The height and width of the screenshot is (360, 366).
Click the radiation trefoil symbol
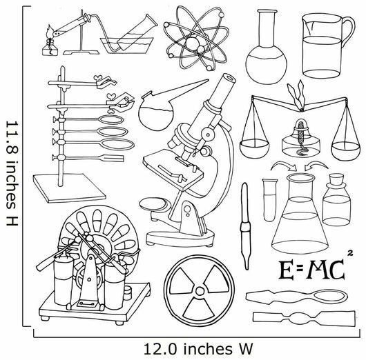click(200, 291)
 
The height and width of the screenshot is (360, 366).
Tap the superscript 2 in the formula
click(349, 253)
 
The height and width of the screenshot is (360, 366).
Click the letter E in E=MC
click(286, 270)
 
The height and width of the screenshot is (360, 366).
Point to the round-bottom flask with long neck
click(266, 47)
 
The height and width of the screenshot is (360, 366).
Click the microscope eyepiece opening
click(229, 77)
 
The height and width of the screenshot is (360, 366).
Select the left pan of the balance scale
click(254, 148)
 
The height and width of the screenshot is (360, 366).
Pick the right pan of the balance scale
click(346, 151)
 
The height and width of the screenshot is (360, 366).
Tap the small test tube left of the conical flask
click(270, 200)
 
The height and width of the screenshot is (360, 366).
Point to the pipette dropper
click(245, 226)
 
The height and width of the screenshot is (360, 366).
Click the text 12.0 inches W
click(198, 349)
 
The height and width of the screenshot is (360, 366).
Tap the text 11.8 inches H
click(12, 173)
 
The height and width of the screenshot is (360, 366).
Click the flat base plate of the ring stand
click(70, 188)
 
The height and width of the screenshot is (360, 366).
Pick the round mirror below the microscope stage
click(153, 203)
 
